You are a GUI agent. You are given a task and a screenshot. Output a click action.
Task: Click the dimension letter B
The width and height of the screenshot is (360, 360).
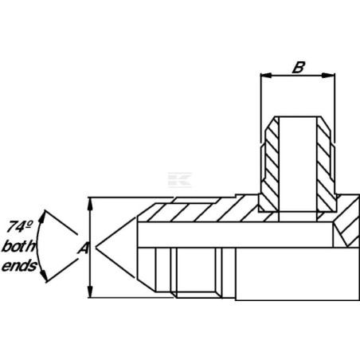click(x=299, y=68)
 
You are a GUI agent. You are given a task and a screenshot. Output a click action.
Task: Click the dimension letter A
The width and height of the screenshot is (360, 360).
click(x=84, y=248)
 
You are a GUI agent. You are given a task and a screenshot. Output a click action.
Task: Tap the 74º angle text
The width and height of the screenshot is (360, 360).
click(x=19, y=226)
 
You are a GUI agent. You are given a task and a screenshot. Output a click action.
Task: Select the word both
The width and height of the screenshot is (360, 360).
click(x=18, y=246)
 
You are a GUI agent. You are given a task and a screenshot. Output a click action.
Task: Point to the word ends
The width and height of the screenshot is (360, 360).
click(x=19, y=266)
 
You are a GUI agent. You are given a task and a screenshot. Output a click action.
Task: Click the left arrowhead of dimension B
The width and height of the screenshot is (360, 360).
click(x=266, y=76)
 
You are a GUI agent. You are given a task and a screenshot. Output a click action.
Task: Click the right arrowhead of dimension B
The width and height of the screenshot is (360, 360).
click(x=329, y=76)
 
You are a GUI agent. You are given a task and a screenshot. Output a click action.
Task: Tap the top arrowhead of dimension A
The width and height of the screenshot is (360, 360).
click(x=91, y=204)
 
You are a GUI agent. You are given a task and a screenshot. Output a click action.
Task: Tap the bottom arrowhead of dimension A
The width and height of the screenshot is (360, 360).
click(x=91, y=292)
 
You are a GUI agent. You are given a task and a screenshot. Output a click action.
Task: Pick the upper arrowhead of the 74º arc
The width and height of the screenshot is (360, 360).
click(x=42, y=217)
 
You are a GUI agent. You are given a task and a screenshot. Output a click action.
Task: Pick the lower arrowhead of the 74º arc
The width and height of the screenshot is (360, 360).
click(x=44, y=276)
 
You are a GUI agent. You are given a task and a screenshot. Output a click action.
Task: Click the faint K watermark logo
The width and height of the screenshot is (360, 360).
click(x=180, y=180)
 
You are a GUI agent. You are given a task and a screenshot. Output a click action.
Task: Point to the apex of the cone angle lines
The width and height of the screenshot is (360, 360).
click(x=96, y=248)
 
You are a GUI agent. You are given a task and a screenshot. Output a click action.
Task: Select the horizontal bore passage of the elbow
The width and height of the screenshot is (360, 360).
click(x=235, y=235)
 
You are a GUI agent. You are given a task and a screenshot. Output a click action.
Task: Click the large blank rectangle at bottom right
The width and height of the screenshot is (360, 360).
click(x=297, y=274)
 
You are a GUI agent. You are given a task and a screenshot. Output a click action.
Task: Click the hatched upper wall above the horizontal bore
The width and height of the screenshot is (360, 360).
click(x=202, y=211)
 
